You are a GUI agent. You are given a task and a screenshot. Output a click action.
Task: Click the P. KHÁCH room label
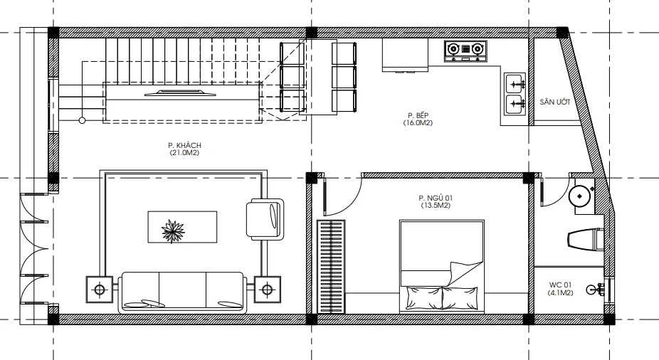click(x=185, y=145)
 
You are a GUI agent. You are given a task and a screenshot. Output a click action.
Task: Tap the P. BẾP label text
click(x=418, y=115)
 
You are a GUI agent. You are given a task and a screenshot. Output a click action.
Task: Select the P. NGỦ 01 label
click(x=436, y=198)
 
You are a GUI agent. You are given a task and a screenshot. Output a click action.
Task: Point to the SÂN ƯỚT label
click(x=555, y=102)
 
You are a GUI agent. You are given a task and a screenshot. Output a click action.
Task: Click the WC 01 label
click(x=560, y=285)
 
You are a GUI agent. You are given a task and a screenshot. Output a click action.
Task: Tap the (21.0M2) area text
click(x=184, y=153)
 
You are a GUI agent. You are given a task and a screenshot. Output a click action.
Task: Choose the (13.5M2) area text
click(x=436, y=206)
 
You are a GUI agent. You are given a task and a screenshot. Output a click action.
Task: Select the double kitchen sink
click(x=515, y=94)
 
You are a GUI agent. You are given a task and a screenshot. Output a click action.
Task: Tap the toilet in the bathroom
click(x=586, y=240)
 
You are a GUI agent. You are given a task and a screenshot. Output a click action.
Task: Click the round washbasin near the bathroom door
click(x=581, y=196)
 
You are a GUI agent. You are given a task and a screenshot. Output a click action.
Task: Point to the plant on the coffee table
click(x=173, y=231)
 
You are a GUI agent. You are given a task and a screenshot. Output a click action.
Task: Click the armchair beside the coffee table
click(x=265, y=219)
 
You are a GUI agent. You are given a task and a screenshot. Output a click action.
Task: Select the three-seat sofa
click(x=182, y=292)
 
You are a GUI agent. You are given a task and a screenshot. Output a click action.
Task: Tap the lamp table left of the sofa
click(x=100, y=290)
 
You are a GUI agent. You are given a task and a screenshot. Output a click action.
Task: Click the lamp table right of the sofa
click(x=268, y=290)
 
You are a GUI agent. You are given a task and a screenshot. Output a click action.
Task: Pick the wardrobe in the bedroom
click(x=331, y=266)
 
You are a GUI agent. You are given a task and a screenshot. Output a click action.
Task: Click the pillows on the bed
click(x=442, y=298)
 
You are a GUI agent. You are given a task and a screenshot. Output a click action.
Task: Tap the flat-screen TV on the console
click(x=180, y=92)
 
